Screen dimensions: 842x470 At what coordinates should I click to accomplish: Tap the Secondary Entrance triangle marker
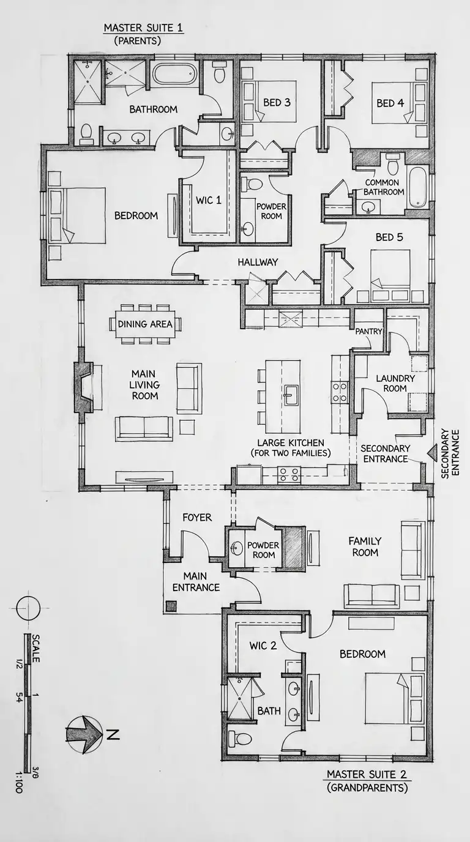tap(433, 453)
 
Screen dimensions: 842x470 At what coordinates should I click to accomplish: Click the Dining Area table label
tap(145, 324)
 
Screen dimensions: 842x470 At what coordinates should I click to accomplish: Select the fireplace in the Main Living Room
tap(83, 386)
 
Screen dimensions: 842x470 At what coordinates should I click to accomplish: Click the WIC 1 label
tap(209, 200)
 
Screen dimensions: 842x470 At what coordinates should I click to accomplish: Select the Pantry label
tap(369, 331)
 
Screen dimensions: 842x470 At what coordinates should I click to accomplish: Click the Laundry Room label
tap(395, 383)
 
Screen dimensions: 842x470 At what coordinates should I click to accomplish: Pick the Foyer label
tap(197, 517)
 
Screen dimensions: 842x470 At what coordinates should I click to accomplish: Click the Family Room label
tap(364, 546)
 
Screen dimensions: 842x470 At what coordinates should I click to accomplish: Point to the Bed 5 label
tap(391, 237)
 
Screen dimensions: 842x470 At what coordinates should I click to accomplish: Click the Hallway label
tap(258, 262)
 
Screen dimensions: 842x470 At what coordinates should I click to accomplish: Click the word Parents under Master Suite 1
tap(137, 41)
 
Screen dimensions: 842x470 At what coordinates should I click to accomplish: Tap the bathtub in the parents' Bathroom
tap(175, 75)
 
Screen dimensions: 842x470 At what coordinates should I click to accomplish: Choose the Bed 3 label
tap(277, 102)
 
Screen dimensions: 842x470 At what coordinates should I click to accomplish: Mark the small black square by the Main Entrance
tap(171, 606)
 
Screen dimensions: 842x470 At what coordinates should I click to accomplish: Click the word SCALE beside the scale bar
tap(35, 648)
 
